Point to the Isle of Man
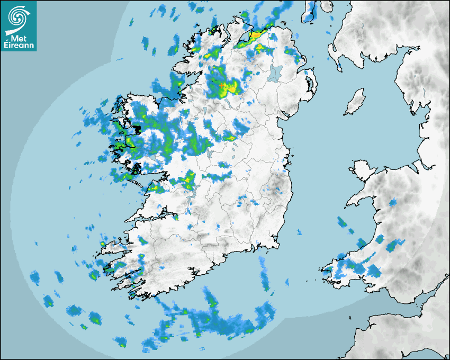355,102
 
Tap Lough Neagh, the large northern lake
276,73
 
